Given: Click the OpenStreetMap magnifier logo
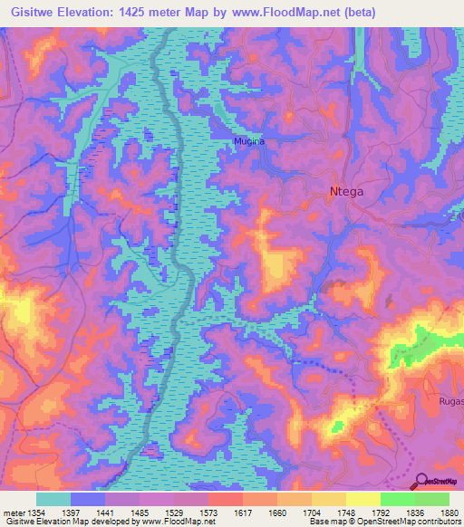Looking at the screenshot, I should [420, 482].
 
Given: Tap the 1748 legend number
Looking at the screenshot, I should [345, 513].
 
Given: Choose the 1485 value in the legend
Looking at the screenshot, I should [140, 513].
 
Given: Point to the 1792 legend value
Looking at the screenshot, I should [380, 513].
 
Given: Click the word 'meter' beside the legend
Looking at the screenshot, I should [12, 513].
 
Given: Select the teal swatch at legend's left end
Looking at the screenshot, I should [53, 499].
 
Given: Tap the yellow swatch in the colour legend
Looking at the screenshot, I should [362, 499].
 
